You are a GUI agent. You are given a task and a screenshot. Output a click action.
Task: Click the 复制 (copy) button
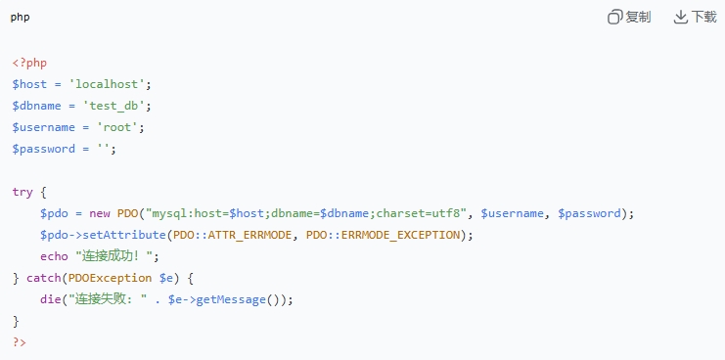pos(629,17)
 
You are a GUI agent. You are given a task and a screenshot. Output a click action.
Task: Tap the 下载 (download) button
pos(696,17)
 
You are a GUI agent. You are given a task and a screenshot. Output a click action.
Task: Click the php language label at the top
pos(21,17)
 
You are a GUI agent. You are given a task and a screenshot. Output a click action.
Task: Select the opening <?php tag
pos(29,63)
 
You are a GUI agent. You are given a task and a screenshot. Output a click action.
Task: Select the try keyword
pos(23,192)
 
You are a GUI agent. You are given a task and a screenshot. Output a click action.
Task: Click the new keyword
pos(100,213)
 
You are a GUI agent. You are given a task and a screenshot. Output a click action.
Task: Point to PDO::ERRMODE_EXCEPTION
pos(383,235)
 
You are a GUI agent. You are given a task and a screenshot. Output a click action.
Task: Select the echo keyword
pos(54,256)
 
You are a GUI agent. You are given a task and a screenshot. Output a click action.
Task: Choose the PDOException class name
pos(103,278)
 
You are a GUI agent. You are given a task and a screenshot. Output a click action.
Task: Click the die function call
pos(50,299)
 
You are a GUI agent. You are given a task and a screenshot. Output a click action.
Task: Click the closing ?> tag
pos(20,342)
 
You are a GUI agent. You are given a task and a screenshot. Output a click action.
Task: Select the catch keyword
pos(43,278)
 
